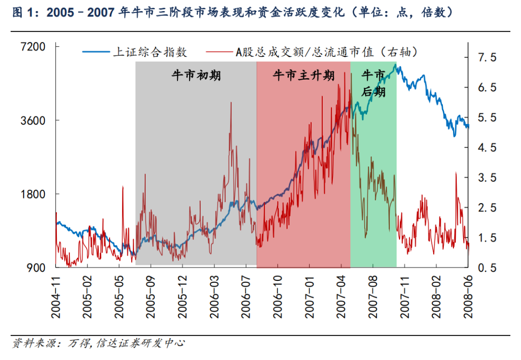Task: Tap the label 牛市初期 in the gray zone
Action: [x=196, y=76]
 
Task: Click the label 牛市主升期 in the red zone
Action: [x=303, y=76]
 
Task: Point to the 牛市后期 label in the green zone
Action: [x=373, y=83]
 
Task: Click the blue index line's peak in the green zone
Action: [x=395, y=64]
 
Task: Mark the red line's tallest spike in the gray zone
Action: [x=231, y=102]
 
